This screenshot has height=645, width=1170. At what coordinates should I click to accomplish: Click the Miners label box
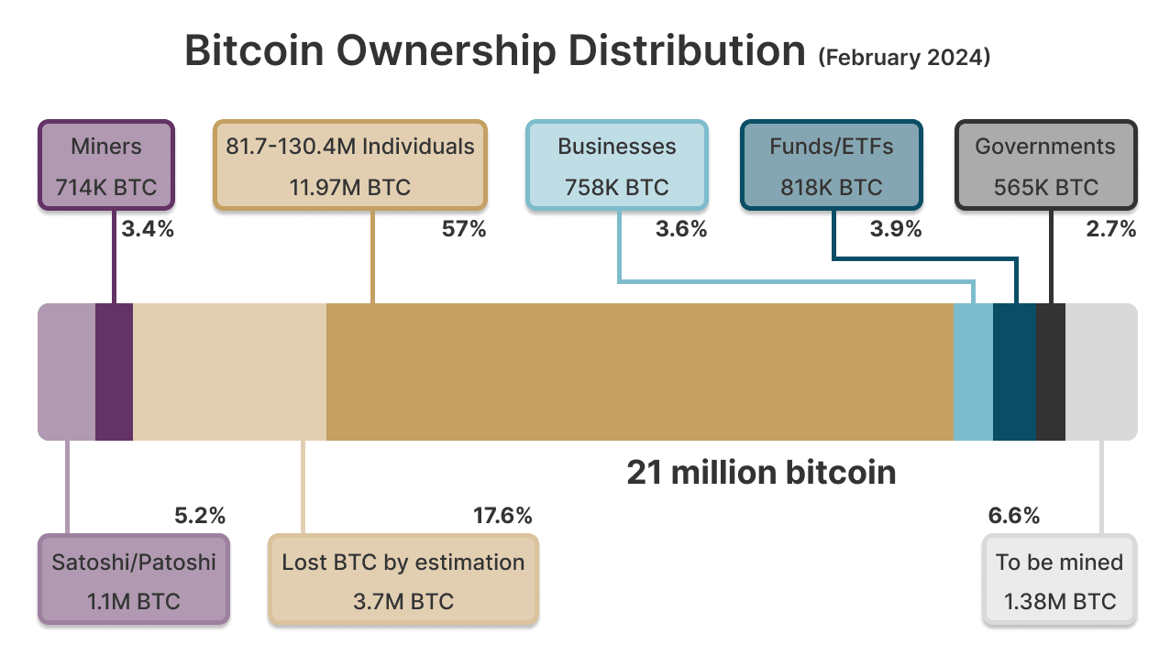click(x=105, y=166)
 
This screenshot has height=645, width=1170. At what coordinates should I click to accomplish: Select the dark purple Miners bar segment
click(x=114, y=371)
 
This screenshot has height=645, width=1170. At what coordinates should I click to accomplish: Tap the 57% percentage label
click(x=464, y=229)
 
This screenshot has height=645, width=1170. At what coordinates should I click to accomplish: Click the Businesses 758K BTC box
click(x=616, y=166)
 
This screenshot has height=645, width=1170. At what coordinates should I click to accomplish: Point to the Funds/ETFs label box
click(x=831, y=166)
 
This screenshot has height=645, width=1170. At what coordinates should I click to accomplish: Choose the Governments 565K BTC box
click(x=1045, y=166)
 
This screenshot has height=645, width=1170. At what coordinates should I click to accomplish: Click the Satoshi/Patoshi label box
click(x=134, y=581)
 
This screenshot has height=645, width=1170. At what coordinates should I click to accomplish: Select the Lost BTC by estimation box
click(x=403, y=581)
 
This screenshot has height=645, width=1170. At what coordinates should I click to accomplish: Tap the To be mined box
click(x=1059, y=581)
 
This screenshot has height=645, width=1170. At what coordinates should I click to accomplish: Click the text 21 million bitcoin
click(x=761, y=473)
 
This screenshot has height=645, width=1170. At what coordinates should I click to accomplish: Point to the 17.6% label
click(x=502, y=516)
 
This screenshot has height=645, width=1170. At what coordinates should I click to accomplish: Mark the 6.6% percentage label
click(x=1013, y=516)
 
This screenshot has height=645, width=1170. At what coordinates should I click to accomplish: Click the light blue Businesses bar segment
click(x=973, y=371)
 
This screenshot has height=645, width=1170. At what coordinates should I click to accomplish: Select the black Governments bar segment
click(x=1050, y=371)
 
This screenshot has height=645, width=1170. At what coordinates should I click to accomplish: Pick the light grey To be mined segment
click(x=1100, y=371)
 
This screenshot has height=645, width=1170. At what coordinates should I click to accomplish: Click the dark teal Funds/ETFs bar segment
click(x=1014, y=371)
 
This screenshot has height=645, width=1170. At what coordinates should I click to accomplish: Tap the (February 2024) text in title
click(x=904, y=57)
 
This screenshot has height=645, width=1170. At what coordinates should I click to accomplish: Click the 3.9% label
click(x=895, y=229)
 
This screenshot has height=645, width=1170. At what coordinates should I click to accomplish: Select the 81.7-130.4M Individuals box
click(x=350, y=166)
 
